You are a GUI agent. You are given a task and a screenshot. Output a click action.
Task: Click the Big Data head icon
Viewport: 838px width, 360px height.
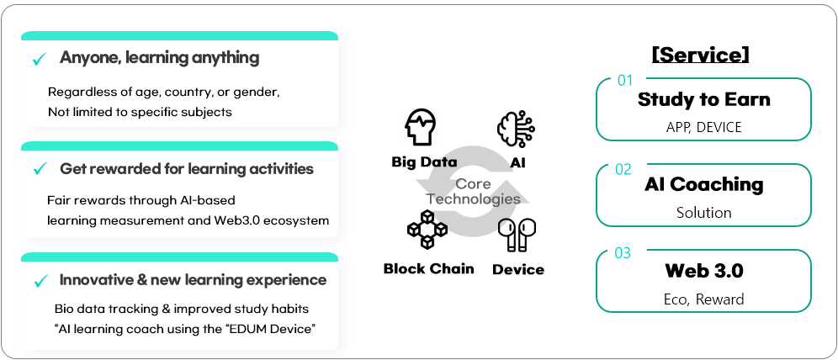point(421,127)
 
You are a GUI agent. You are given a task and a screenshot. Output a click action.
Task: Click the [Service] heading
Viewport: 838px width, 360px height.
point(701,55)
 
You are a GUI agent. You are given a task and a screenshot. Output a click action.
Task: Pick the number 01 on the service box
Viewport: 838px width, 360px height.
point(625,81)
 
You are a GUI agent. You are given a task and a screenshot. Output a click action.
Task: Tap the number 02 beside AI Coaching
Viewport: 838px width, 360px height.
point(623,169)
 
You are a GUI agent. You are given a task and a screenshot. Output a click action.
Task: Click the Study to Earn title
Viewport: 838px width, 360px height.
point(703,99)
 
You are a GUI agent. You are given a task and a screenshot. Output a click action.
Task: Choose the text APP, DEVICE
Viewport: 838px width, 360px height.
point(703,128)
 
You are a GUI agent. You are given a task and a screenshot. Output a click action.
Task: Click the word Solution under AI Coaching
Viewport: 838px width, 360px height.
point(703,213)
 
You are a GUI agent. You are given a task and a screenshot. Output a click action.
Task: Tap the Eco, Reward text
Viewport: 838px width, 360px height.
point(703,299)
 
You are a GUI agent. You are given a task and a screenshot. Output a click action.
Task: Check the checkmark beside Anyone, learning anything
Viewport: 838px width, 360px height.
point(39,59)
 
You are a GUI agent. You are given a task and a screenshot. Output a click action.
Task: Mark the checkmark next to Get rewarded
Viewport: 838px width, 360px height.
point(39,169)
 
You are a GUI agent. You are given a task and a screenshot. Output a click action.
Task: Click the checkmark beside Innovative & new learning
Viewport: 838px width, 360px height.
point(39,280)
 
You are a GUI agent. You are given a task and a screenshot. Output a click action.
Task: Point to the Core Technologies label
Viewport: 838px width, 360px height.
point(473,192)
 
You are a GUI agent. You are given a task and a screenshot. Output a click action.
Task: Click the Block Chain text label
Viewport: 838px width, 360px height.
point(428,269)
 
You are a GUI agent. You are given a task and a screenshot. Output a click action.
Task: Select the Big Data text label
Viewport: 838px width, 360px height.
point(424,161)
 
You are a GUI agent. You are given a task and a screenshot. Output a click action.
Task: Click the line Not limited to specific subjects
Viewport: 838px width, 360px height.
point(140,111)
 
